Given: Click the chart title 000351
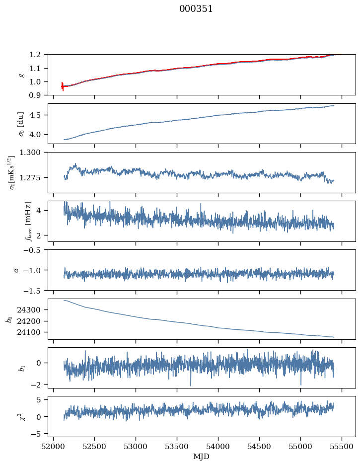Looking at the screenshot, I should click(x=196, y=9).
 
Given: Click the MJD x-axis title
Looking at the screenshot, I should click(x=202, y=457).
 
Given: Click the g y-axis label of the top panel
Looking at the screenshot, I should click(x=21, y=75).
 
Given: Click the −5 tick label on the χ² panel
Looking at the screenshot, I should click(x=38, y=434).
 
